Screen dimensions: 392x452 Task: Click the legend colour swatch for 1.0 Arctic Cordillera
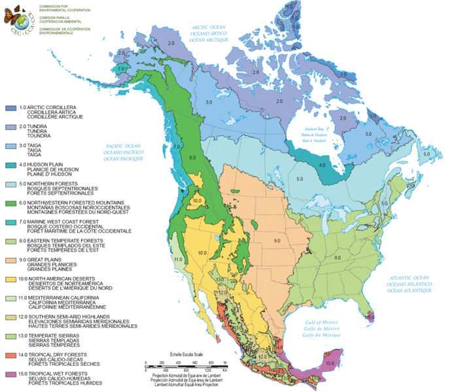(9, 107)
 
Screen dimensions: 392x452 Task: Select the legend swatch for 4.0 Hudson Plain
(9, 165)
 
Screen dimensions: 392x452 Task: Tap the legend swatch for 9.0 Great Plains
(9, 261)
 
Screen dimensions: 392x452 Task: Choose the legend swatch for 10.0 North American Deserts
(9, 280)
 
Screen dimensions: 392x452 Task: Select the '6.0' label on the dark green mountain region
(192, 158)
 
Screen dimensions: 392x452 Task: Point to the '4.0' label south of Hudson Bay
(321, 165)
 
